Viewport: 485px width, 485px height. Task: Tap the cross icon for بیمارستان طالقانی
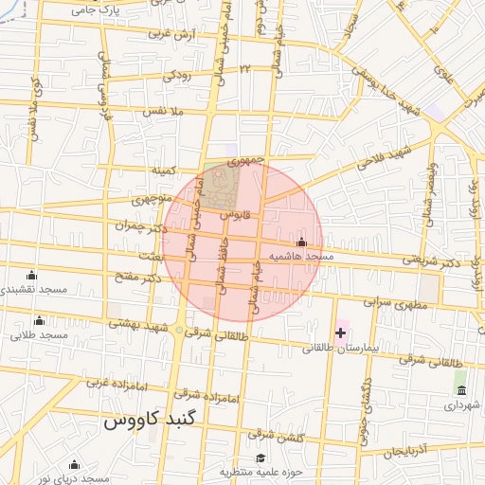(x=340, y=332)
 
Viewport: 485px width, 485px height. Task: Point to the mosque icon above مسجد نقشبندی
(x=31, y=276)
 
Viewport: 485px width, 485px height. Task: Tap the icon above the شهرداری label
(x=461, y=390)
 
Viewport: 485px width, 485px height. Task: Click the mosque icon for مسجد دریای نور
(x=74, y=464)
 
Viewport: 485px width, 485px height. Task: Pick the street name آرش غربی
(x=171, y=34)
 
